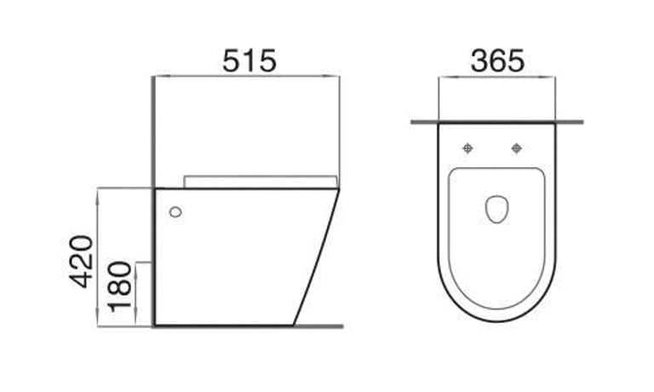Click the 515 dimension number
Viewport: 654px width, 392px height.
[x=249, y=61]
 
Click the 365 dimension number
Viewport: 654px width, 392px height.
[x=496, y=61]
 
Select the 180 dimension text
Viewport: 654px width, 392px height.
[x=120, y=285]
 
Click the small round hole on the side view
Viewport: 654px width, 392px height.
[x=175, y=211]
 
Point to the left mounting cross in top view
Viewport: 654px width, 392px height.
[x=467, y=149]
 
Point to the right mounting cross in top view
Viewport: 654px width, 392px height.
[x=516, y=149]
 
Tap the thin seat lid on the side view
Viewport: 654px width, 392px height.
[x=260, y=182]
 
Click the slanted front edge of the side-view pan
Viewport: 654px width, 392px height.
[x=317, y=256]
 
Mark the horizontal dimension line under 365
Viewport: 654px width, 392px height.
[x=496, y=78]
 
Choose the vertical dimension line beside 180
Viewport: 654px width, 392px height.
[x=137, y=294]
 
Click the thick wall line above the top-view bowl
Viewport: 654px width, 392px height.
[x=496, y=123]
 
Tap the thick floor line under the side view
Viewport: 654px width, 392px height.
[x=247, y=326]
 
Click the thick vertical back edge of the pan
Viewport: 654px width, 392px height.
[x=154, y=256]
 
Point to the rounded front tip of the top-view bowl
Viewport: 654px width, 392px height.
[x=496, y=320]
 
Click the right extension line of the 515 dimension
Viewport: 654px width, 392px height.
[x=340, y=128]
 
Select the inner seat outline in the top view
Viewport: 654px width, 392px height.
[x=451, y=239]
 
